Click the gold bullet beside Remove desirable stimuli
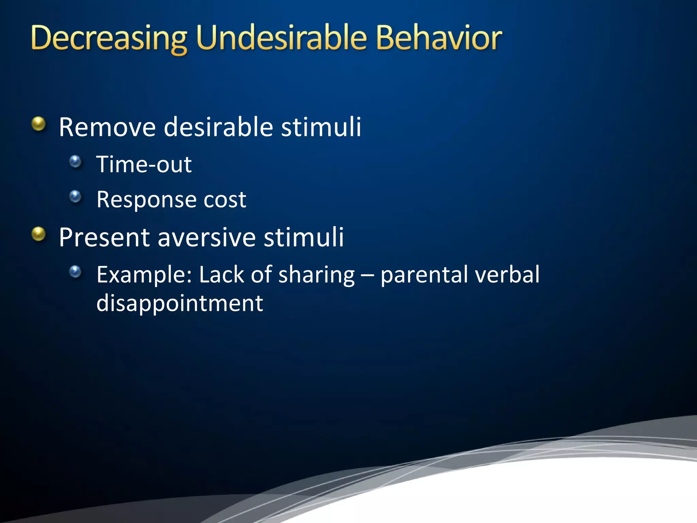39,124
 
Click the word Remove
107,127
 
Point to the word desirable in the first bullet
218,127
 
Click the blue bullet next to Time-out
75,161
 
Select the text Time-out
144,164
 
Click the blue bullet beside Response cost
75,196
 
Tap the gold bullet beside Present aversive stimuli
39,234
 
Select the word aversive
207,237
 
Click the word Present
104,237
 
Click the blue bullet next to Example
75,272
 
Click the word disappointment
180,303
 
